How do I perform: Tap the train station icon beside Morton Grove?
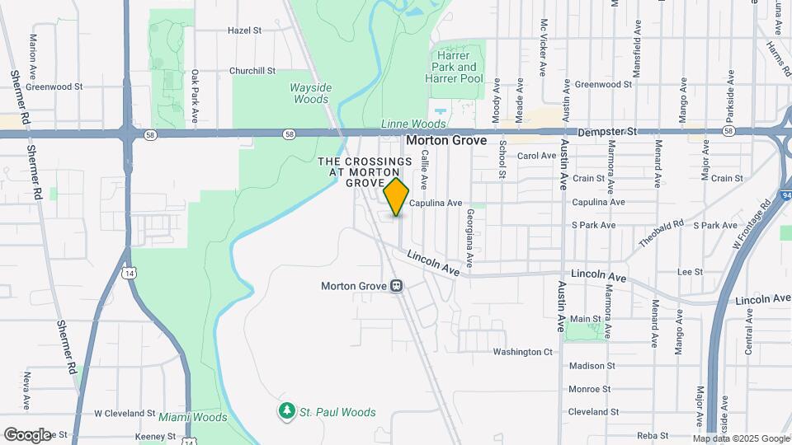pyautogui.click(x=397, y=287)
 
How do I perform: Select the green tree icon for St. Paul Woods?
pyautogui.click(x=286, y=410)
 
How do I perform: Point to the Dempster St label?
pyautogui.click(x=608, y=131)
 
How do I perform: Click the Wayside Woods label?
pyautogui.click(x=311, y=93)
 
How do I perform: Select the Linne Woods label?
pyautogui.click(x=413, y=124)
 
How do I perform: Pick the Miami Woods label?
pyautogui.click(x=193, y=417)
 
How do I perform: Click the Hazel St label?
pyautogui.click(x=244, y=30)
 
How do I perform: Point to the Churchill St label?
pyautogui.click(x=252, y=71)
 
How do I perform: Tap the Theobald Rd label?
pyautogui.click(x=662, y=234)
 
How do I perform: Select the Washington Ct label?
pyautogui.click(x=522, y=352)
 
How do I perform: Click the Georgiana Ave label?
pyautogui.click(x=469, y=237)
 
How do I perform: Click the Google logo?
pyautogui.click(x=27, y=434)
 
